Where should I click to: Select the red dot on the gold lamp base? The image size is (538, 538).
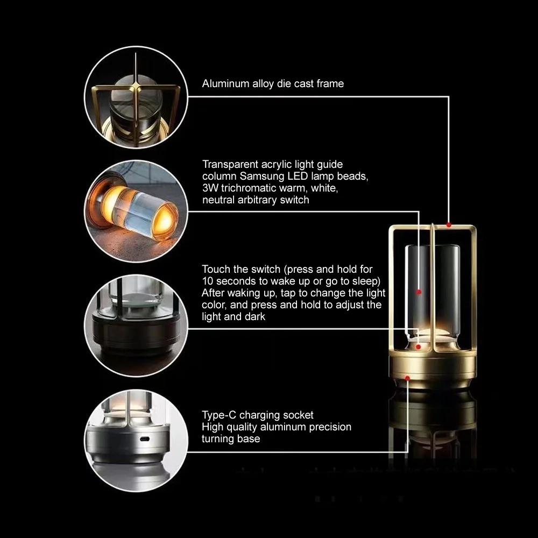[x=408, y=379]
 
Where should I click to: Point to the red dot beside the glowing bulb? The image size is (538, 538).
[x=418, y=347]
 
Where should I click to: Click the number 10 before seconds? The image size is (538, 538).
[x=208, y=281]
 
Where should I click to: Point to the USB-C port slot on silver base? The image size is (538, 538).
[x=143, y=439]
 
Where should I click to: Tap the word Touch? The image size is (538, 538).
[x=216, y=269]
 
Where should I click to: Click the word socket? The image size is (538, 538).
[x=299, y=415]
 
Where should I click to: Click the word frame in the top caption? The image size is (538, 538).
[x=329, y=83]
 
